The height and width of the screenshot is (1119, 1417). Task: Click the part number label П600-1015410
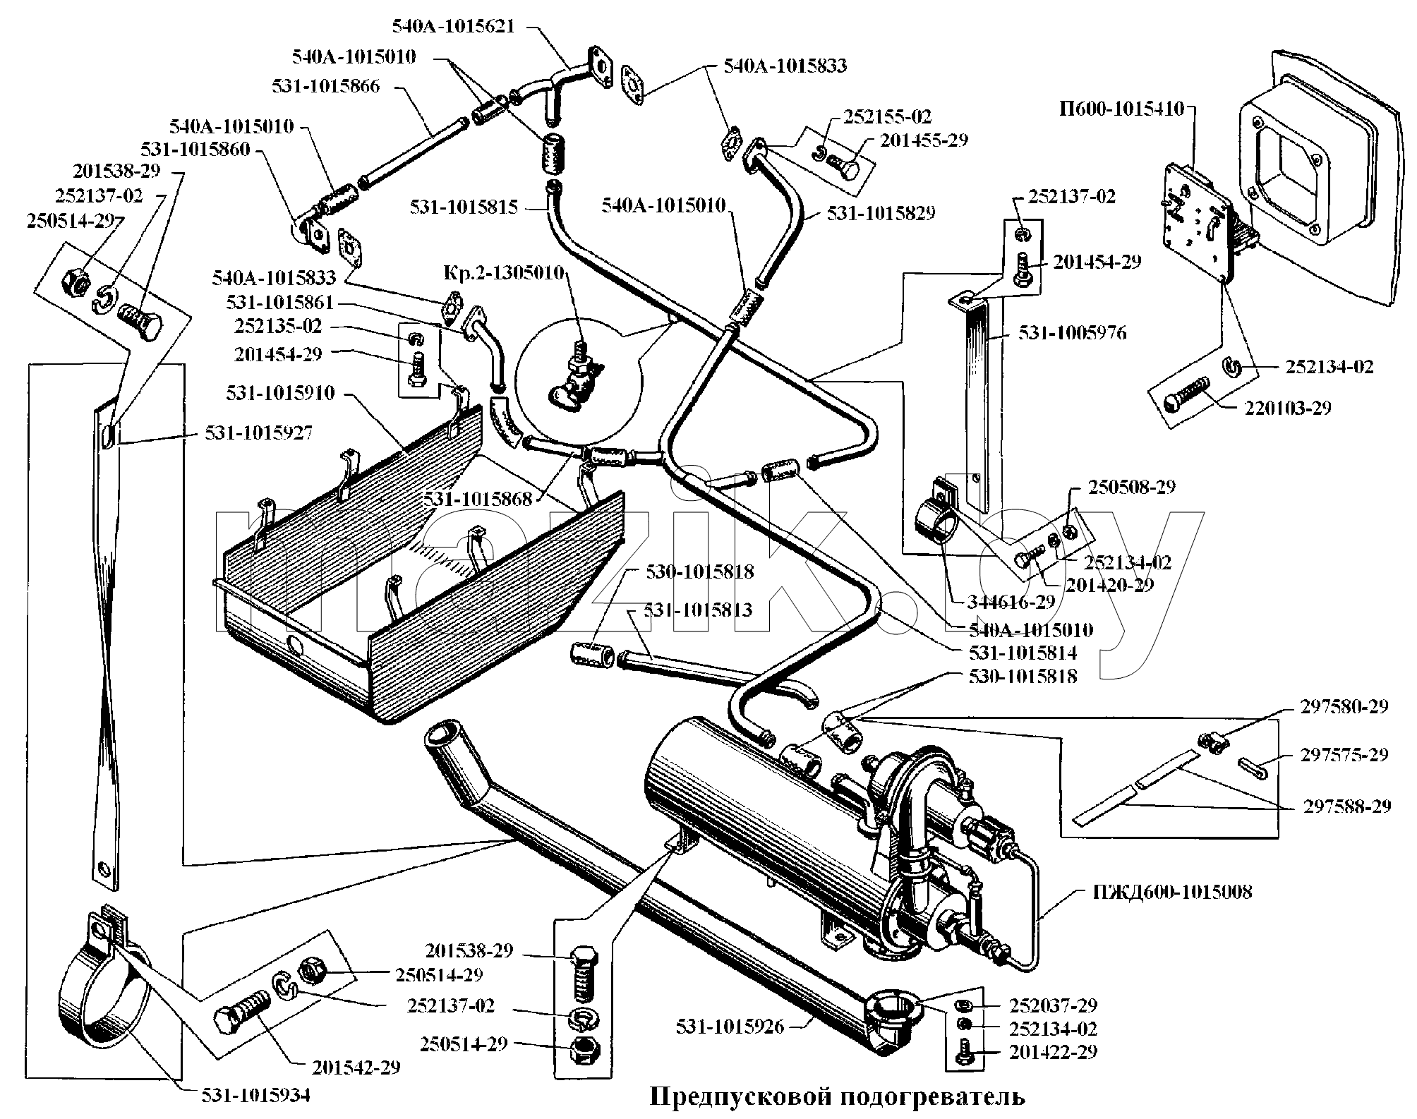(1121, 109)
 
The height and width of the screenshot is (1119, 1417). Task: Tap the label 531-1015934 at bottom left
(255, 1095)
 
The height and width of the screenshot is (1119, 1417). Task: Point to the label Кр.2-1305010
(503, 272)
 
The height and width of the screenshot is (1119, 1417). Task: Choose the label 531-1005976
(1072, 332)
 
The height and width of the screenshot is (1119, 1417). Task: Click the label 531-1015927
(259, 433)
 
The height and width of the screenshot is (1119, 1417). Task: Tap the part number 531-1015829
(881, 212)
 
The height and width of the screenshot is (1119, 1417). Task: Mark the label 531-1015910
(280, 393)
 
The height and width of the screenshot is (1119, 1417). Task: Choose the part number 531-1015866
(325, 86)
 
